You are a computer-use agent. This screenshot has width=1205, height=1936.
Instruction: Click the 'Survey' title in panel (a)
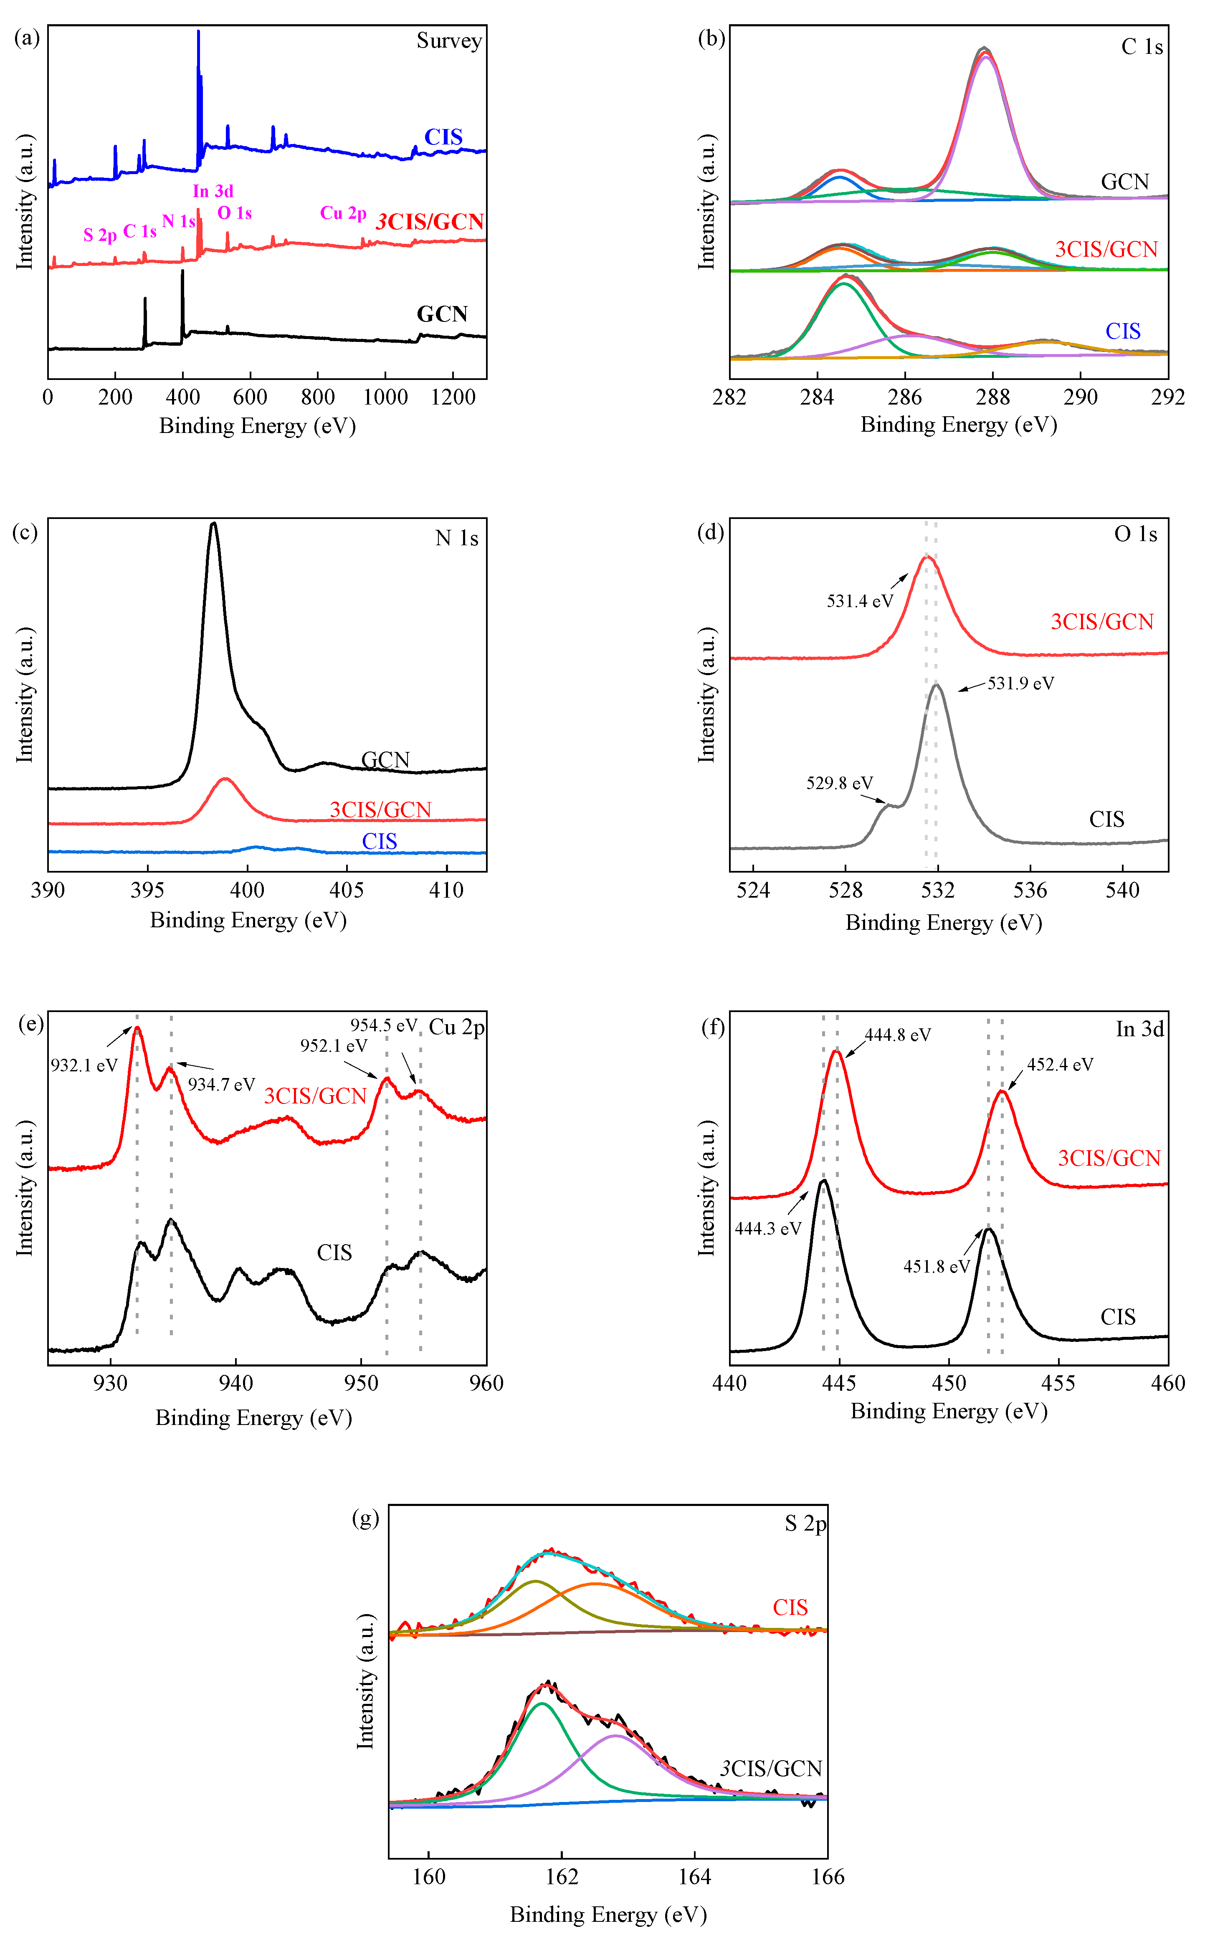(x=449, y=40)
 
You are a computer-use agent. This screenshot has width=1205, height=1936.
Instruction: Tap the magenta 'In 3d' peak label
(x=213, y=191)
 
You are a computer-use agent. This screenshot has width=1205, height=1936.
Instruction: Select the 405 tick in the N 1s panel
(x=347, y=890)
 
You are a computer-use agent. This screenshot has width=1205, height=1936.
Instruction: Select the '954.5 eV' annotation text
(x=383, y=1025)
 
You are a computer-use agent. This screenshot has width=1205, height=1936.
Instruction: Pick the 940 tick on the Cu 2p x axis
(x=236, y=1383)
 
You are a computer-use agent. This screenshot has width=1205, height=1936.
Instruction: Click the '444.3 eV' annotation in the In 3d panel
(x=767, y=1228)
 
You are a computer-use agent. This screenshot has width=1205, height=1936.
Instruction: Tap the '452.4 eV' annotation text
(x=1059, y=1064)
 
